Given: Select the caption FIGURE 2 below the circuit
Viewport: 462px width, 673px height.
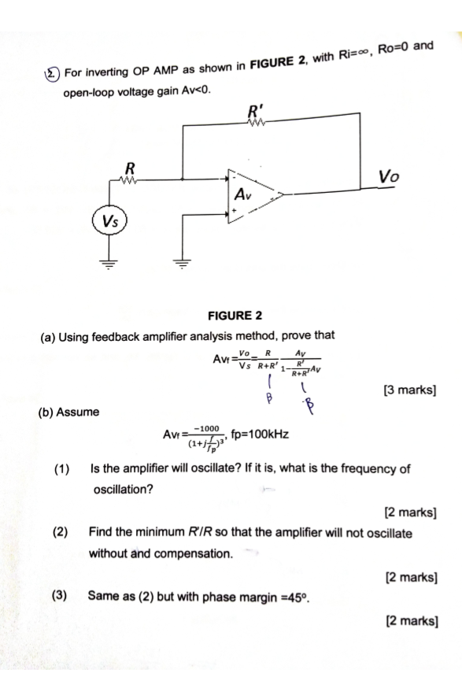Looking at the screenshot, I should click(235, 316).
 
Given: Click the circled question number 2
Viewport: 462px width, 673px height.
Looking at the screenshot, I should click(50, 76).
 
